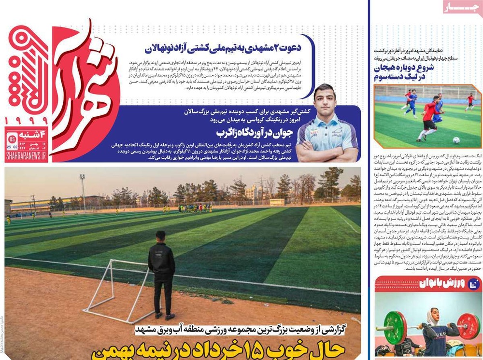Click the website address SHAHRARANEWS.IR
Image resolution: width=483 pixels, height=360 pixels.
coord(26,156)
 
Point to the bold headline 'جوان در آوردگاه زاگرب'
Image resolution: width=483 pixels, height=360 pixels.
coord(246,132)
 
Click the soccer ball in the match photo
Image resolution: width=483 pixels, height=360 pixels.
coord(456,140)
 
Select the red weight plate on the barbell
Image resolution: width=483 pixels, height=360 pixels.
coord(468,327)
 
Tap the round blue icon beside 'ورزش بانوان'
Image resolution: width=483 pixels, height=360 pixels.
coord(474,285)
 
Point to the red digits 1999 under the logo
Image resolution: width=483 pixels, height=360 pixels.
coord(26,120)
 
